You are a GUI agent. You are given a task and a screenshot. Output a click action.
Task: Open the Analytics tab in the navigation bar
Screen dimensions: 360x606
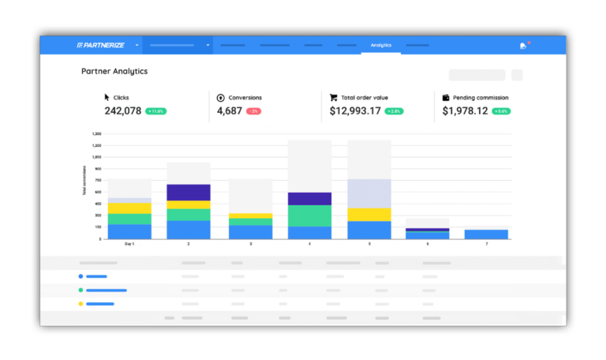coord(381,45)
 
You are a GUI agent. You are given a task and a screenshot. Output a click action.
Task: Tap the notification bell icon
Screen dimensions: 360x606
coord(522,46)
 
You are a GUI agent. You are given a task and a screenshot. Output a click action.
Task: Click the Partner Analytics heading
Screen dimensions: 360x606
coord(114,71)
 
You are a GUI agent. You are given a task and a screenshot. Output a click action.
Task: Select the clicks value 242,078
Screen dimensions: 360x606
coord(122,111)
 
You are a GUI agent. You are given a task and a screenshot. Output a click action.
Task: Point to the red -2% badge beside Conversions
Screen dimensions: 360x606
coord(253,111)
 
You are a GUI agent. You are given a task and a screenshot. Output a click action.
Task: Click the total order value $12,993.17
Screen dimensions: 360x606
coord(355,111)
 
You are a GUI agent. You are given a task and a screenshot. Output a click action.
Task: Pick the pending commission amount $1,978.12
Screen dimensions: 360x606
coord(465,111)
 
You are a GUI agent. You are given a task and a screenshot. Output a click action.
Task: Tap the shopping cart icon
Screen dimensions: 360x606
coord(335,98)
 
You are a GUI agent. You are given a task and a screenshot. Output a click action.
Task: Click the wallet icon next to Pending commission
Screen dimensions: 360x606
coord(446,98)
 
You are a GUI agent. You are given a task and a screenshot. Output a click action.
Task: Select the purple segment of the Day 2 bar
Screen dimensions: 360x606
coord(189,193)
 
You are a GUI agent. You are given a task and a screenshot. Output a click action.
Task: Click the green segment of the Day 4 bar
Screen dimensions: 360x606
coord(309,216)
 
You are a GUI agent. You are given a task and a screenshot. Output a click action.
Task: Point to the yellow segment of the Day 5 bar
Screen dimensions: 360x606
coord(369,214)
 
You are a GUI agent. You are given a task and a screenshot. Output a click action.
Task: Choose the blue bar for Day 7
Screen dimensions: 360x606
coord(486,234)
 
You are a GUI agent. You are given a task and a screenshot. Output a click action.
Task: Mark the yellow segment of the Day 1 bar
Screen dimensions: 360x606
coord(129,208)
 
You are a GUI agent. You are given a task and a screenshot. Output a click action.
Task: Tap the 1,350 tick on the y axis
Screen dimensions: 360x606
coord(97,134)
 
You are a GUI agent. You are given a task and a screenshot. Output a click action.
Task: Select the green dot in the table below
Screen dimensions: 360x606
coord(80,290)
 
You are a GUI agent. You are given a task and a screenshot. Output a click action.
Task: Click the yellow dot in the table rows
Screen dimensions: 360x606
coord(80,304)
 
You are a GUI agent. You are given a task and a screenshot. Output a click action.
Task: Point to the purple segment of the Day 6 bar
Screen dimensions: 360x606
coord(427,230)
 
